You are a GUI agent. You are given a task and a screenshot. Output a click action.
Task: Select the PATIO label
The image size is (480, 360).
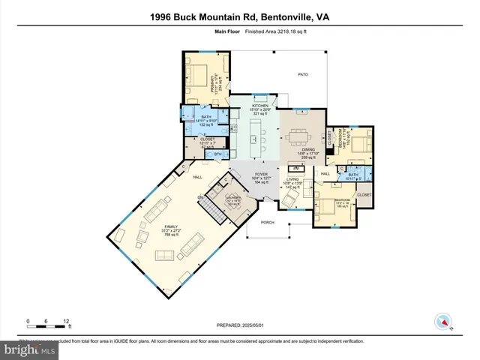[303, 75]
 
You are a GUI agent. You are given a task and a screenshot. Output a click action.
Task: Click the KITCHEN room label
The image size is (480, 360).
[260, 106]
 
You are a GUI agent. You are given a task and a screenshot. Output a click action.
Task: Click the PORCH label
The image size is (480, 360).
[267, 223]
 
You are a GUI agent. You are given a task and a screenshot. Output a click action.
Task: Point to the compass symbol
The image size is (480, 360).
[445, 322]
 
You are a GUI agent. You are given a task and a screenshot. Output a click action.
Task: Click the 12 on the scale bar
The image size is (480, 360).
[67, 320]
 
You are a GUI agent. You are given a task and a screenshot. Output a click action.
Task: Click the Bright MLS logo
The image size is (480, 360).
[28, 350]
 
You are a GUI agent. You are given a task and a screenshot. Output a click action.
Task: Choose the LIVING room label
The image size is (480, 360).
[292, 180]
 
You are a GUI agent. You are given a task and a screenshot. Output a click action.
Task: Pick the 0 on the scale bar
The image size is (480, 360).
[28, 320]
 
